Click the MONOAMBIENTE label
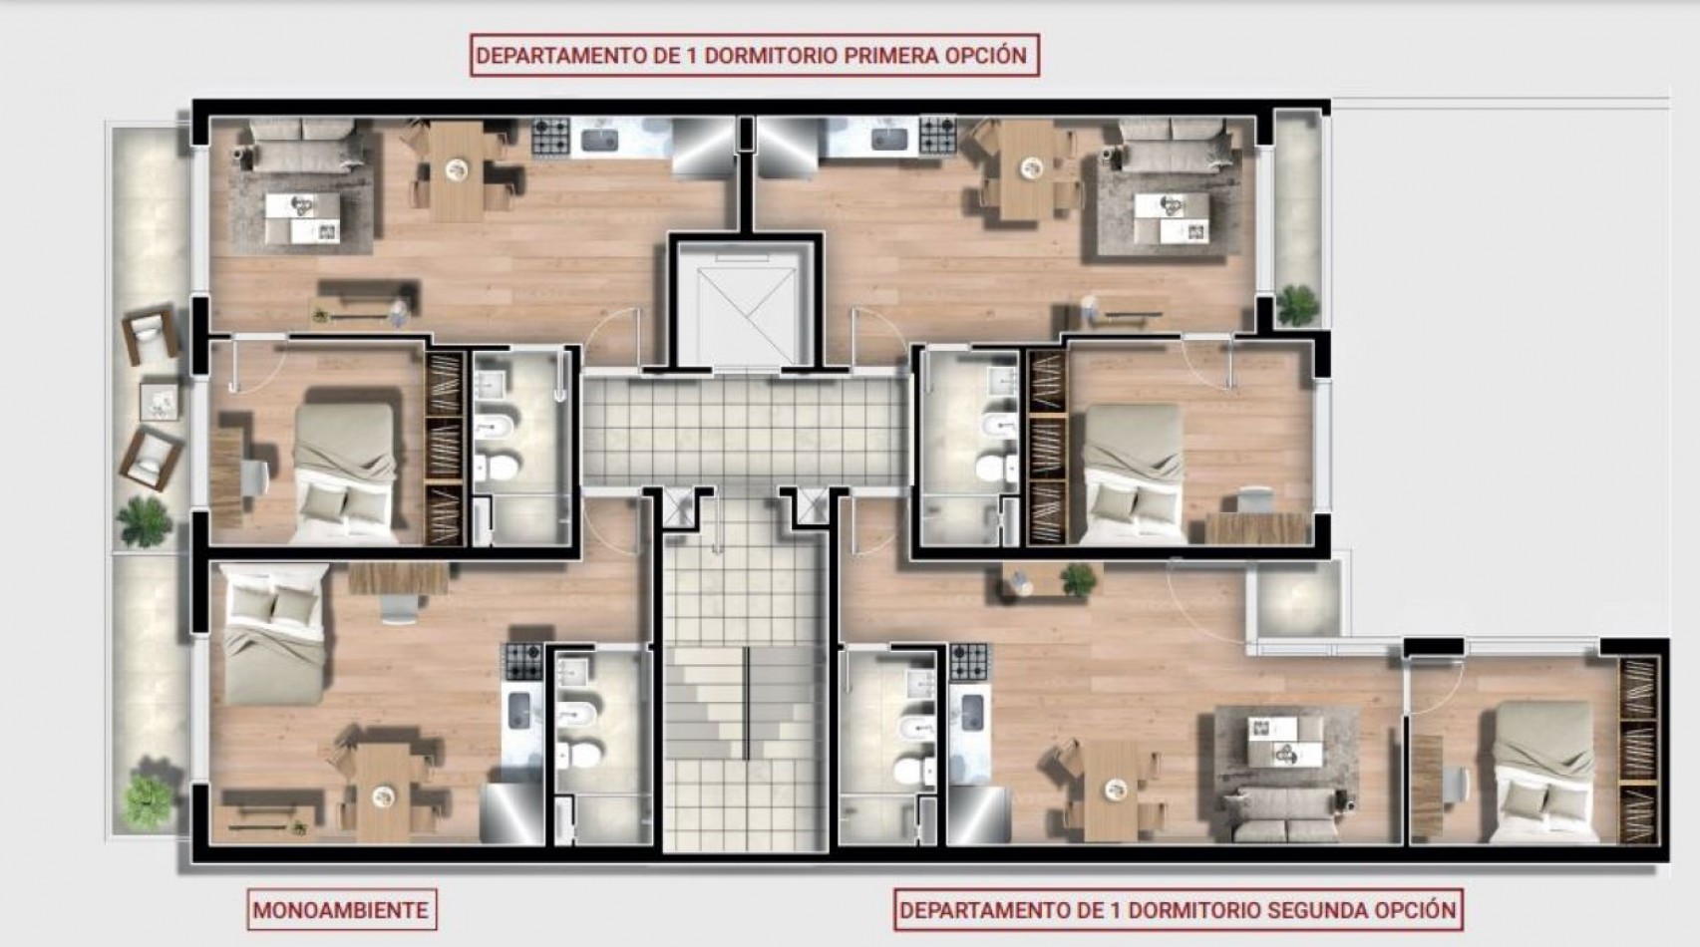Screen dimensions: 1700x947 click(341, 910)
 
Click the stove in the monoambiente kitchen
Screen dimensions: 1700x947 click(522, 661)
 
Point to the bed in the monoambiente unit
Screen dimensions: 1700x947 click(274, 634)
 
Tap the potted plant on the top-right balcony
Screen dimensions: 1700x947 click(1297, 304)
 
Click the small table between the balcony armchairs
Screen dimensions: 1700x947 click(161, 402)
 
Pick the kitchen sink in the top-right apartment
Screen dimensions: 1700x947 click(886, 140)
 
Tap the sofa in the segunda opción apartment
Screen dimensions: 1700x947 click(1280, 814)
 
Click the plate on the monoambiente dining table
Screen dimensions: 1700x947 click(382, 795)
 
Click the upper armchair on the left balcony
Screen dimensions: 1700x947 click(151, 335)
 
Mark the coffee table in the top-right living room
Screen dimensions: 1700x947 click(1171, 218)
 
